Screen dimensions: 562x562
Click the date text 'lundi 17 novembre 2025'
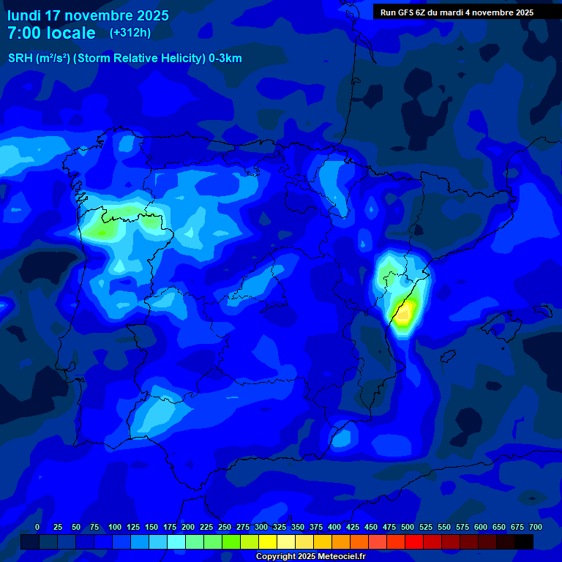(x=88, y=15)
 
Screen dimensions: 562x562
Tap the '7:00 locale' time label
(x=51, y=33)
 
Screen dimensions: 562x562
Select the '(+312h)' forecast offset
(x=130, y=33)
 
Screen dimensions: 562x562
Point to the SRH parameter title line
(x=124, y=59)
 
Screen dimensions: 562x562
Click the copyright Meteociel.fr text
(x=310, y=556)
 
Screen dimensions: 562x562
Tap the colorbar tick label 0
(x=37, y=527)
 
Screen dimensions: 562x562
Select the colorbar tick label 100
(x=115, y=527)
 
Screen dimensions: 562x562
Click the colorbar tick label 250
(x=225, y=527)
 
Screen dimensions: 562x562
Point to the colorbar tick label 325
(x=280, y=527)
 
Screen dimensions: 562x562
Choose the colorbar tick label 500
(x=408, y=527)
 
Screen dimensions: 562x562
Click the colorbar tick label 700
(x=536, y=527)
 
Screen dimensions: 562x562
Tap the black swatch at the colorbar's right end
(x=524, y=542)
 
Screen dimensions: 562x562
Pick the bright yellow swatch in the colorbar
(x=268, y=542)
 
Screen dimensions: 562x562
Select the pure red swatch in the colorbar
(x=414, y=542)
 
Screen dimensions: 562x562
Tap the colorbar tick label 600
(x=481, y=527)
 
